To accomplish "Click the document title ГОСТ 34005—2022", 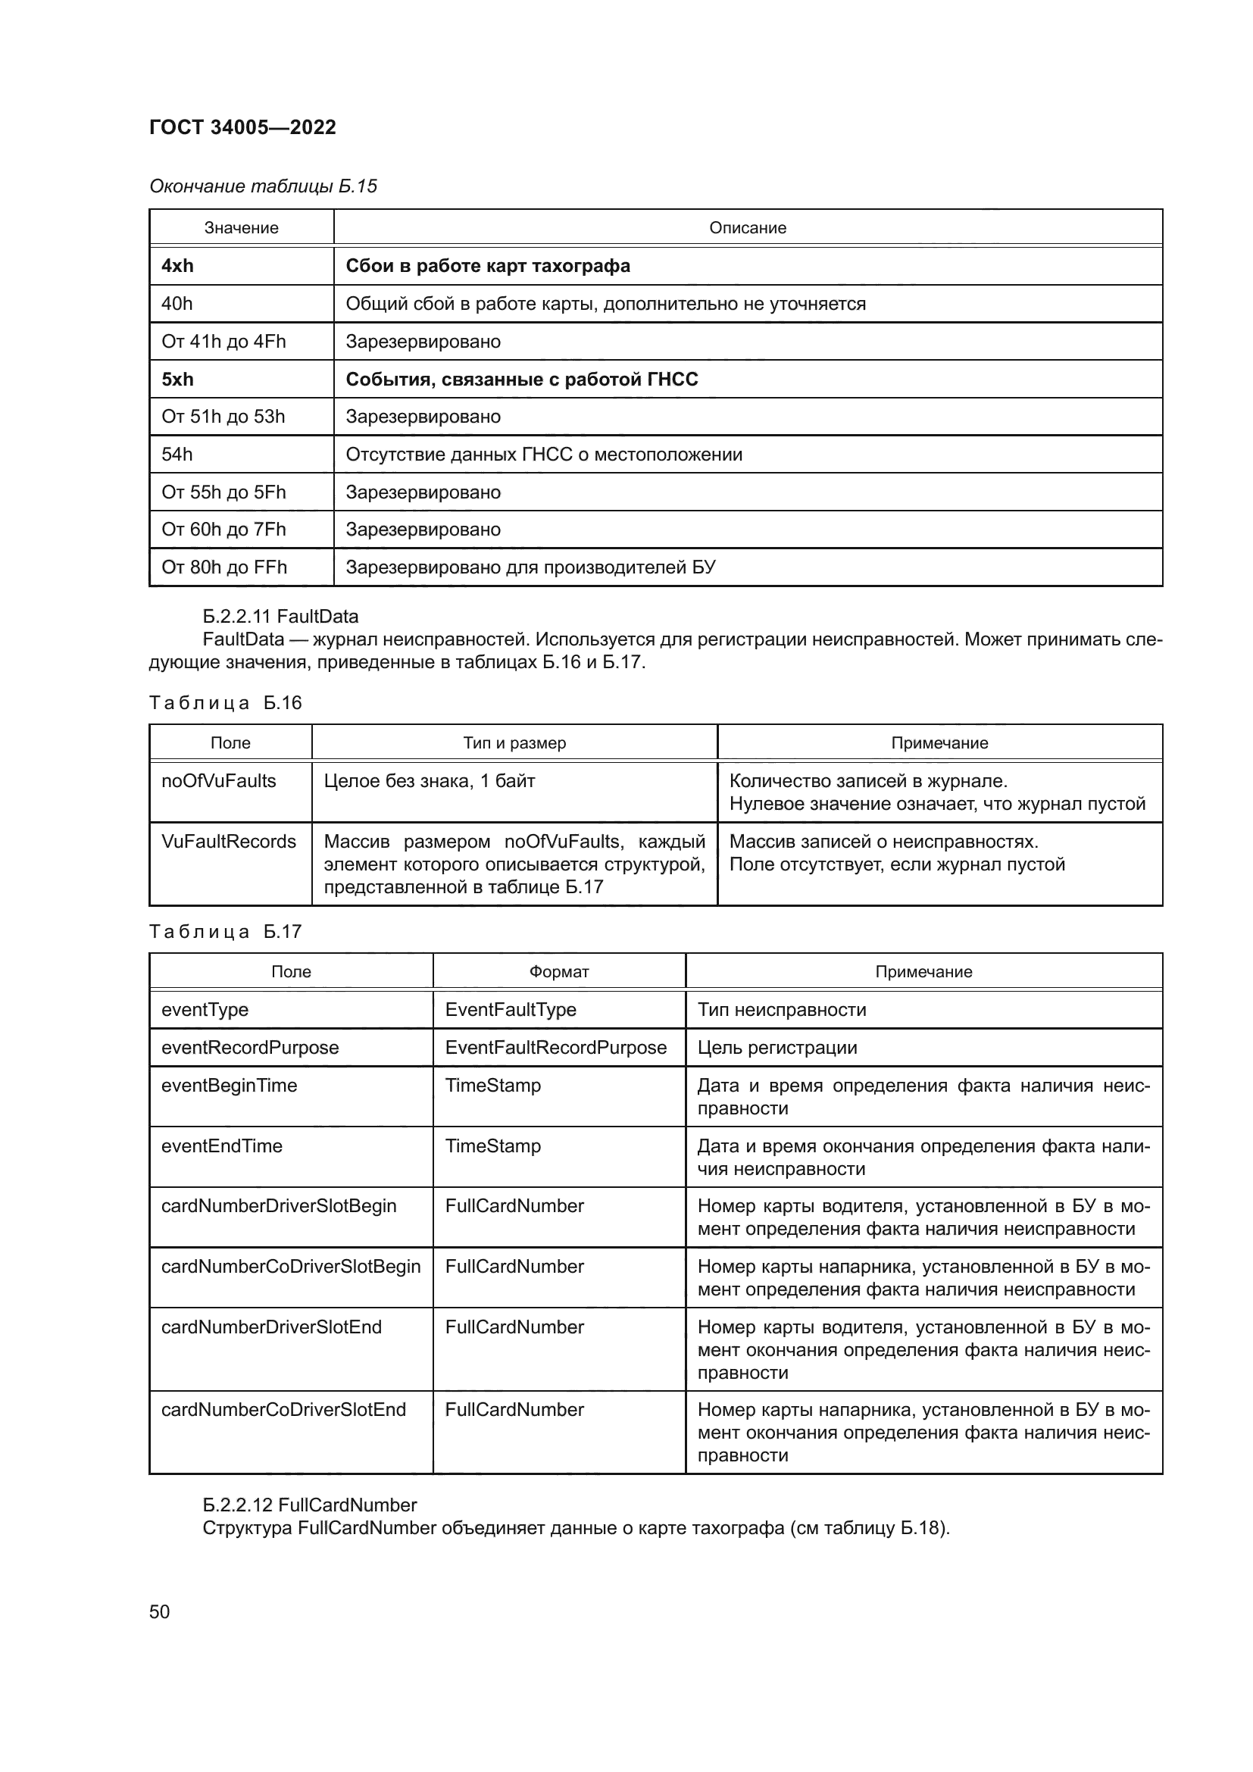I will pyautogui.click(x=242, y=127).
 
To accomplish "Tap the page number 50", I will pyautogui.click(x=160, y=1611).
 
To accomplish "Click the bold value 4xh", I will pyautogui.click(x=177, y=265).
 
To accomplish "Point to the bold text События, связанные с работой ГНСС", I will pyautogui.click(x=521, y=379).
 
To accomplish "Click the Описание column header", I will pyautogui.click(x=747, y=228).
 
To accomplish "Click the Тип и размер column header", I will pyautogui.click(x=514, y=742).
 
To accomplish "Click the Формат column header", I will pyautogui.click(x=558, y=972).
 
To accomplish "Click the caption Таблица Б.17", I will pyautogui.click(x=225, y=932).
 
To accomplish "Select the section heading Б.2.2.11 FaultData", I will pyautogui.click(x=280, y=616).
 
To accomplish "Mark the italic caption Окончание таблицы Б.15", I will pyautogui.click(x=263, y=186).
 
